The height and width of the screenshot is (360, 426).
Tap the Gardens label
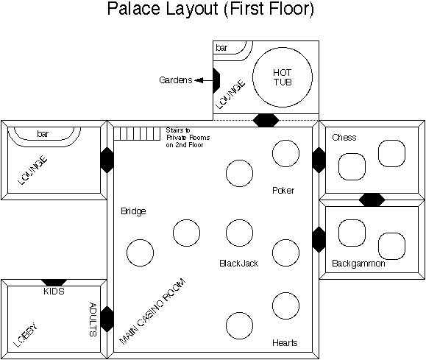pos(176,80)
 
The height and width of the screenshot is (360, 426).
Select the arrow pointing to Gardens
pos(204,80)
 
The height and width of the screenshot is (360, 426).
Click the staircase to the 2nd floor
pos(137,134)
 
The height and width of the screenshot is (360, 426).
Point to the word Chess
pos(344,138)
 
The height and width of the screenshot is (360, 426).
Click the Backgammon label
pos(358,264)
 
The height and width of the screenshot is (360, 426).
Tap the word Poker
pos(283,191)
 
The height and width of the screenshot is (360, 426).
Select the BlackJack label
pos(238,264)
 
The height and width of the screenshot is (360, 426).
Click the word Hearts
pos(285,342)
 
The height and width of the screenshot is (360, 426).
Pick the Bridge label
pos(133,211)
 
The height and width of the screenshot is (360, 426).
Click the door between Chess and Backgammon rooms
pos(372,200)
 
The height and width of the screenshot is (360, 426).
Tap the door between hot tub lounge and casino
pos(266,121)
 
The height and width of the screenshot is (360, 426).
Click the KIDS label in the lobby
pos(54,292)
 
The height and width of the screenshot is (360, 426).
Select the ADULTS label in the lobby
pos(93,320)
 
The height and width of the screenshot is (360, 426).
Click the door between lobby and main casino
pos(107,320)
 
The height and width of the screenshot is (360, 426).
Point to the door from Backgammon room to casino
pos(319,240)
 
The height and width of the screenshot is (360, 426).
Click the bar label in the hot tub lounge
pos(221,48)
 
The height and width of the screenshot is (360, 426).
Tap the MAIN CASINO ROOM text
pos(153,311)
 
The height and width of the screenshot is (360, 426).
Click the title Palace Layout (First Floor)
pos(210,9)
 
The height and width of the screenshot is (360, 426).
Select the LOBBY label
pos(26,335)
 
